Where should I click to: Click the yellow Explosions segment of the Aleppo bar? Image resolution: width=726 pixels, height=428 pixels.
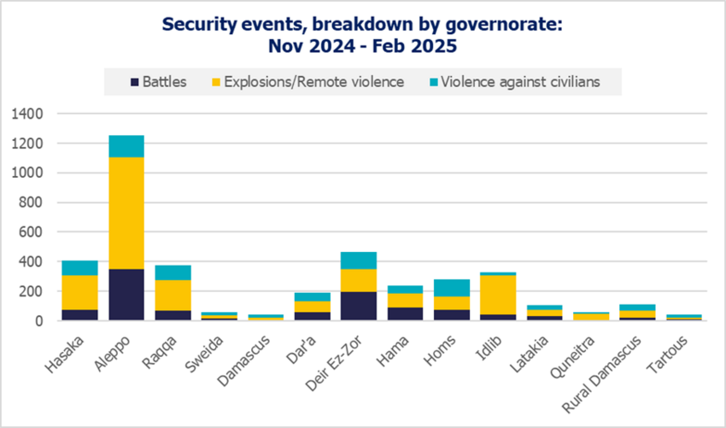point(126,214)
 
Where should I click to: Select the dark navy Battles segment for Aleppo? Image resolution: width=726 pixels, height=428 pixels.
point(126,295)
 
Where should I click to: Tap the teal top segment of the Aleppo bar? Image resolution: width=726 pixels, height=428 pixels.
point(126,146)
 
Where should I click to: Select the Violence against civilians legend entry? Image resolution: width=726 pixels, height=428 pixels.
point(521,82)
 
